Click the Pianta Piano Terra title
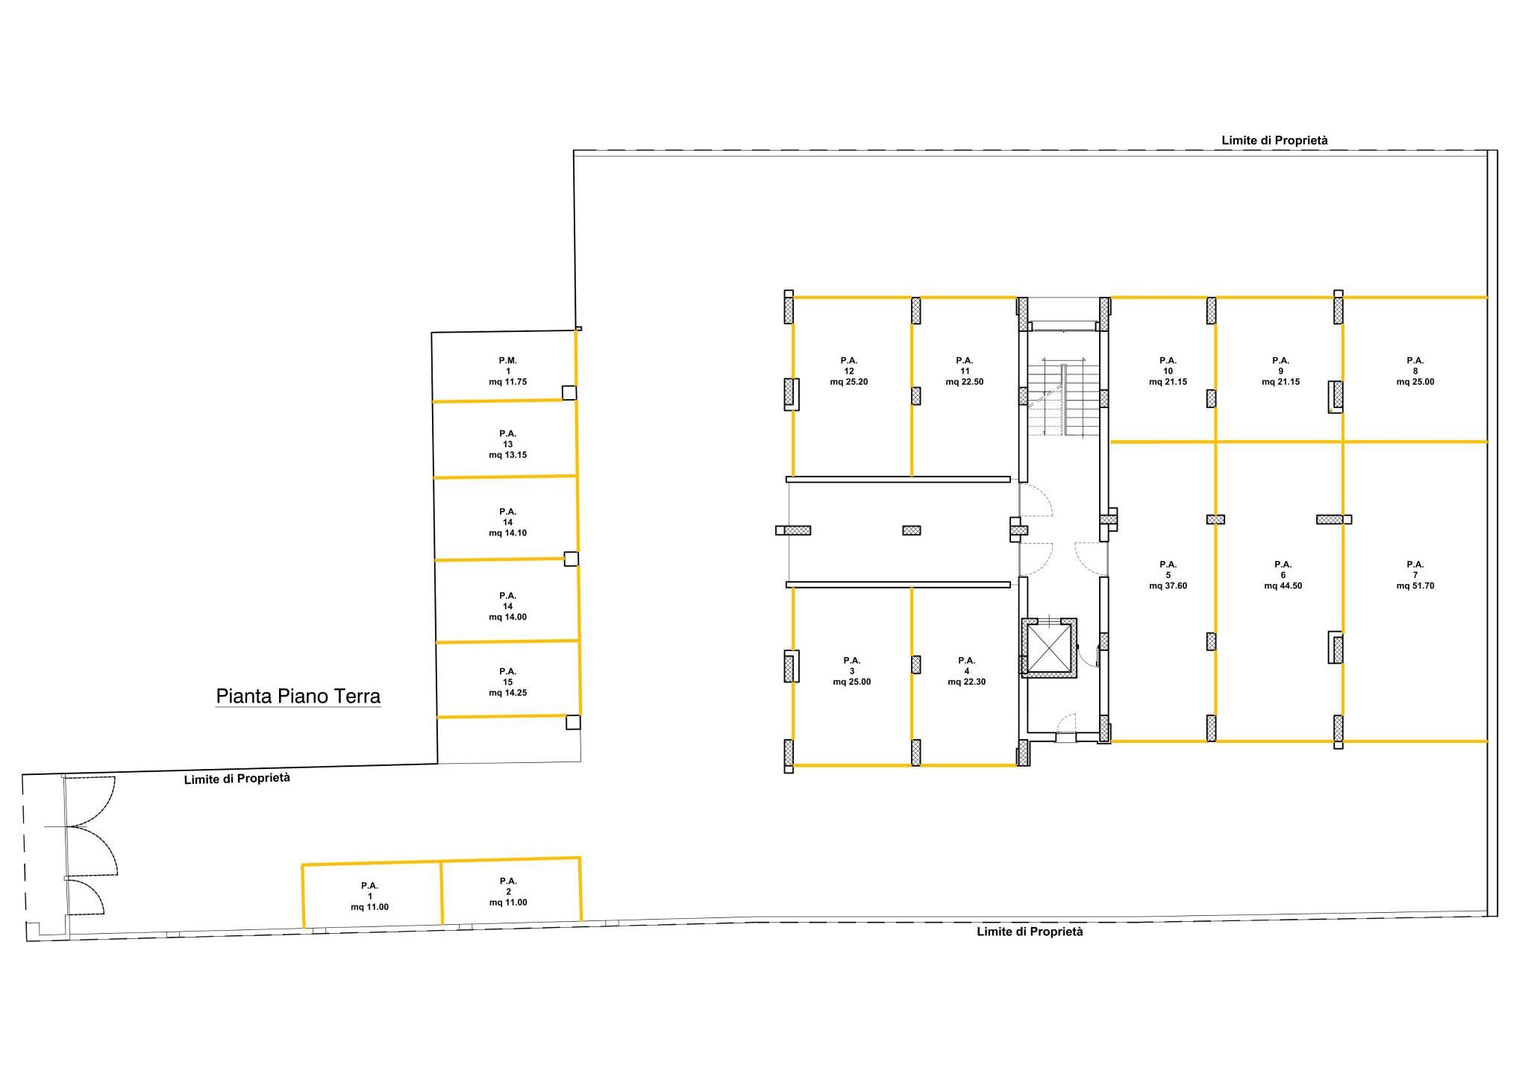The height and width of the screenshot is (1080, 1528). pos(298,697)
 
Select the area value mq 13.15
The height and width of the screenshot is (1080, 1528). pos(508,455)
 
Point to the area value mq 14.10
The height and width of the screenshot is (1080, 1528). pos(508,533)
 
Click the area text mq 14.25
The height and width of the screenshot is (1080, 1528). pos(508,693)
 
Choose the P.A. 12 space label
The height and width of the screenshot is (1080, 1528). pos(849,365)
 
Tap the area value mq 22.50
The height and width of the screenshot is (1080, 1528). pos(965,382)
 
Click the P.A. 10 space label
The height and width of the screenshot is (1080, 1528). pos(1168,365)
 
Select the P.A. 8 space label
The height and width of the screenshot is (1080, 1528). pos(1415,365)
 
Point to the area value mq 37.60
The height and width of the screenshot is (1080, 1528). pos(1168,586)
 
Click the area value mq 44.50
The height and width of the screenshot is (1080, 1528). pos(1283,586)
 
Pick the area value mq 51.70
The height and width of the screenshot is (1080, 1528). pos(1415,586)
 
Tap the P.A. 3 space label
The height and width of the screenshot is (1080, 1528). pos(852,665)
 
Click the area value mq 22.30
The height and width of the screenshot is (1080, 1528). pos(967,682)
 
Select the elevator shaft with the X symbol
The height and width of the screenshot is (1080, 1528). pos(1049,647)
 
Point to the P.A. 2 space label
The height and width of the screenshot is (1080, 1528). pos(508,886)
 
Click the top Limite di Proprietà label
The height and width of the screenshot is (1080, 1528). pos(1274,140)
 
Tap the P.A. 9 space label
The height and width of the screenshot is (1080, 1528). pos(1281,365)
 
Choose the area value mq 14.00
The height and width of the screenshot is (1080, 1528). pos(508,618)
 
